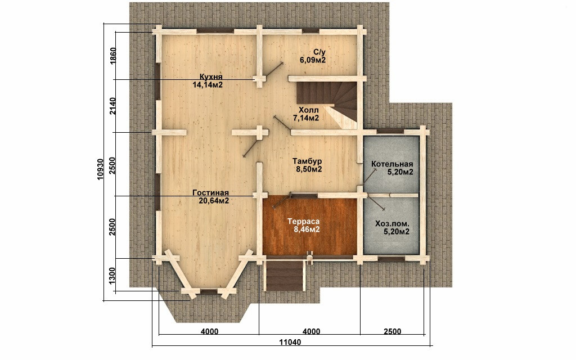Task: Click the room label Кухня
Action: click(x=211, y=76)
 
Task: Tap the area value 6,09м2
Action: click(x=313, y=60)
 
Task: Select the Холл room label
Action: click(x=309, y=110)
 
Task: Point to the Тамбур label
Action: click(x=308, y=161)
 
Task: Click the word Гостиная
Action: click(x=210, y=193)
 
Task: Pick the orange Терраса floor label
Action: click(x=303, y=222)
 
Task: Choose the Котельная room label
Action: click(x=392, y=164)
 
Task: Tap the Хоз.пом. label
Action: click(x=392, y=224)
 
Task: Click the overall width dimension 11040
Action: click(x=290, y=343)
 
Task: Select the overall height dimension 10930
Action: click(x=101, y=169)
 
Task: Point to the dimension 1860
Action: click(x=113, y=55)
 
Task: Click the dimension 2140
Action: click(x=113, y=106)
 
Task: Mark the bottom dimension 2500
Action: click(x=392, y=331)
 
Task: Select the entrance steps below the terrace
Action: click(x=285, y=274)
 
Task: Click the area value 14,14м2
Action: click(x=208, y=84)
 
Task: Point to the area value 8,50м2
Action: click(x=309, y=169)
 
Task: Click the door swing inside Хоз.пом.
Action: click(x=375, y=202)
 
